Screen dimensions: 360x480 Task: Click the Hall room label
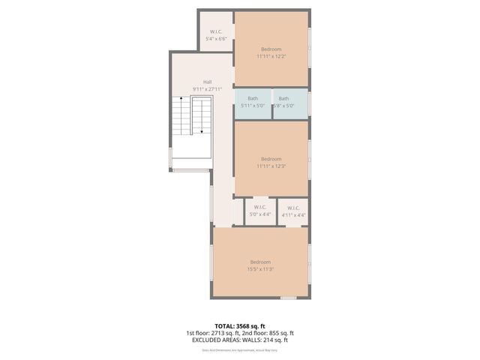click(207, 82)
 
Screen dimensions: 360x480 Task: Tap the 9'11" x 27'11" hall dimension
click(207, 88)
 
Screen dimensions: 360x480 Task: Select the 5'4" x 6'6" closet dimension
click(216, 38)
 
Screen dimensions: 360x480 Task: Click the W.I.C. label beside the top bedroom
click(216, 31)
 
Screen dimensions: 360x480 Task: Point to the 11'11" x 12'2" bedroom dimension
click(271, 56)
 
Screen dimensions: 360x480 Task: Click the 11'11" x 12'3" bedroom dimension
click(271, 166)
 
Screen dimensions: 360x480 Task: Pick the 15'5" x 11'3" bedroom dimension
click(260, 269)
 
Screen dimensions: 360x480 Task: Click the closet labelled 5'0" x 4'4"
click(259, 211)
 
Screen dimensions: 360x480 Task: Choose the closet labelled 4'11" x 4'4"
click(292, 211)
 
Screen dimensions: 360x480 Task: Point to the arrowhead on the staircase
click(202, 130)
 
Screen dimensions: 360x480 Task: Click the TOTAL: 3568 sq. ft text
click(240, 326)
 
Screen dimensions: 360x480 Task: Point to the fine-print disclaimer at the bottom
click(240, 350)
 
